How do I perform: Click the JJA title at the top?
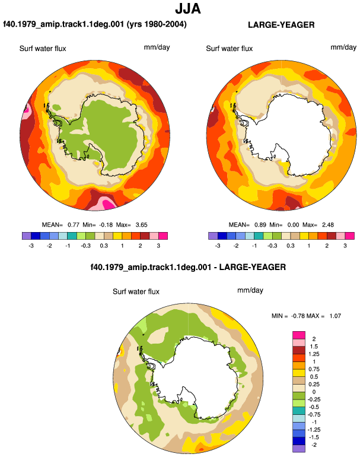click(x=188, y=9)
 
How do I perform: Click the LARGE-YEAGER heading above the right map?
click(x=281, y=25)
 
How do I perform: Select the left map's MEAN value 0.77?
click(x=74, y=225)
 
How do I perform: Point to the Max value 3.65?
click(x=141, y=225)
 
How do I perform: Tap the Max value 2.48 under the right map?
click(x=327, y=225)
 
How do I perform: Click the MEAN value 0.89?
click(x=260, y=225)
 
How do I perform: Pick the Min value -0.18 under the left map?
click(x=106, y=225)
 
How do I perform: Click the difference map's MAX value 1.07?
click(x=335, y=316)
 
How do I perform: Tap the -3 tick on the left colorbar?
click(x=31, y=246)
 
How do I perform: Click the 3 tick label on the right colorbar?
click(x=345, y=246)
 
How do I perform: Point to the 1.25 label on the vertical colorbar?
click(x=314, y=354)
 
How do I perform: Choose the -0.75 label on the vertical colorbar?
click(x=313, y=414)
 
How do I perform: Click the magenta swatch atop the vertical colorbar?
click(x=299, y=335)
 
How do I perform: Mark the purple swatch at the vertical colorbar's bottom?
click(x=299, y=449)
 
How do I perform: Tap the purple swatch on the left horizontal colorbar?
click(x=27, y=236)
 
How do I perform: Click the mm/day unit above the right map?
click(x=343, y=47)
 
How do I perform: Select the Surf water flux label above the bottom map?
click(x=136, y=291)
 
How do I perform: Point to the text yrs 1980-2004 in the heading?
click(x=157, y=24)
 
